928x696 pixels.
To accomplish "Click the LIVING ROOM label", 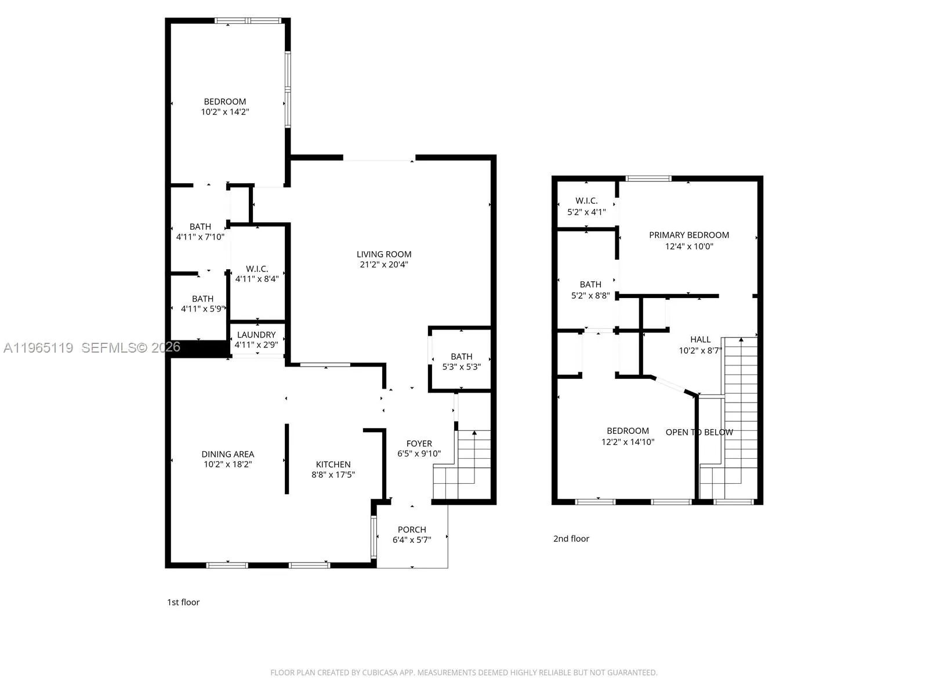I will (x=384, y=254).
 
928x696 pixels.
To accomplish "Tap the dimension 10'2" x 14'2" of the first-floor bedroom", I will (x=225, y=112).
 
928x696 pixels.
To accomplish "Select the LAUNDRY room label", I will (x=256, y=335).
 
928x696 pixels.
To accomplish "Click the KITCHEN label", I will (x=333, y=464).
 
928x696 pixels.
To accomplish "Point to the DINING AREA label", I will (x=227, y=454).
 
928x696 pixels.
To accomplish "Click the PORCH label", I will (x=412, y=530).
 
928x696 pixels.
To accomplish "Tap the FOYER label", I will (x=419, y=444).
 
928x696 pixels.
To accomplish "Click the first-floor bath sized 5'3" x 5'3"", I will (x=462, y=361).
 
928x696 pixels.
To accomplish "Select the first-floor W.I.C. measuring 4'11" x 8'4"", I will (x=257, y=274).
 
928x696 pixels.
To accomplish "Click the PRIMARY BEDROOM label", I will (x=688, y=235).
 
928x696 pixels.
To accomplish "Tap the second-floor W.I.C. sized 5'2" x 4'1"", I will (x=586, y=206).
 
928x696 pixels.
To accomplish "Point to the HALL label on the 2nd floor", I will (x=700, y=339).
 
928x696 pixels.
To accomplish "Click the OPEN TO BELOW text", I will (x=699, y=432).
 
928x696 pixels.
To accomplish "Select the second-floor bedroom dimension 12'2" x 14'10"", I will (x=628, y=442).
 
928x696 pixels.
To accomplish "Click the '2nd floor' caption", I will (x=571, y=539).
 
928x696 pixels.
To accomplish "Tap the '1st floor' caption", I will (x=183, y=602).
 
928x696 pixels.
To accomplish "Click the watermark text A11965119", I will (x=38, y=348).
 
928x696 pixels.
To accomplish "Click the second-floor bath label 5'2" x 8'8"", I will (x=590, y=295).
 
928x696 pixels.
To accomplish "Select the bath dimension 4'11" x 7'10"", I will (x=200, y=237).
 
